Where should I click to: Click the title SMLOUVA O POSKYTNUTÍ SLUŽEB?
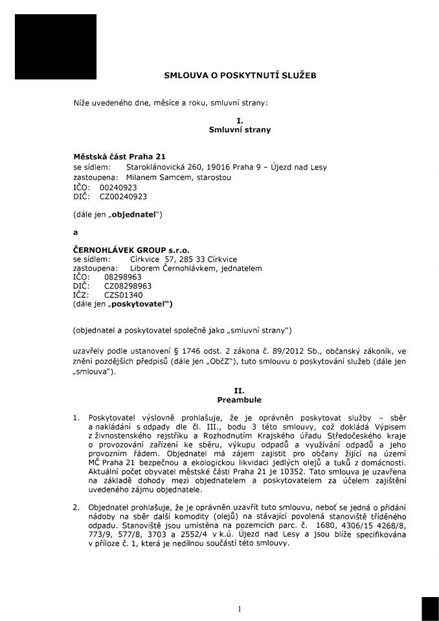pyautogui.click(x=240, y=76)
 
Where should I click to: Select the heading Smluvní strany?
pyautogui.click(x=240, y=130)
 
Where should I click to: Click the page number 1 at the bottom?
pyautogui.click(x=239, y=608)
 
